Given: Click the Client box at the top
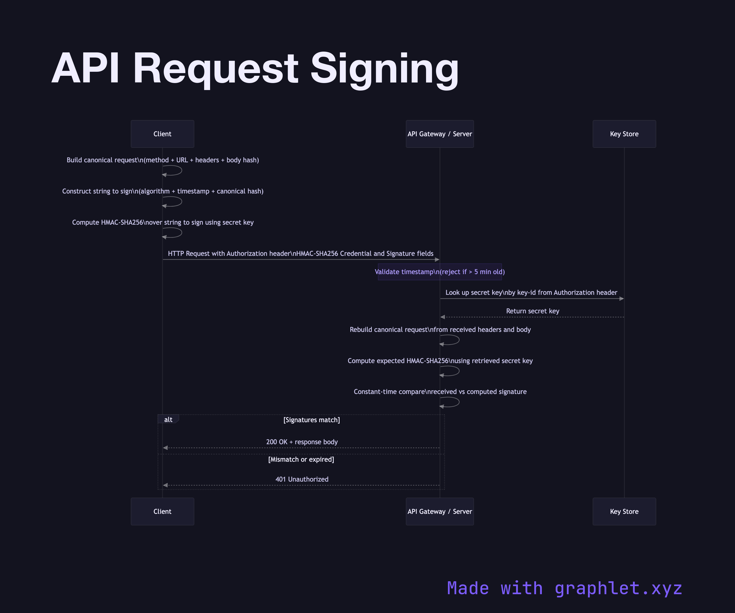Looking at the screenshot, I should [163, 134].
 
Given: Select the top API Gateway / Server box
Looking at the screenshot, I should [439, 134].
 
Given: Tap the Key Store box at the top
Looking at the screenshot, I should [624, 134].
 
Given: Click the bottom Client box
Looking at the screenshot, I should [163, 511].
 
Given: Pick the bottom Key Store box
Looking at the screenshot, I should [624, 511].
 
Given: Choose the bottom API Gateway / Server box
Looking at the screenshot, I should [439, 511].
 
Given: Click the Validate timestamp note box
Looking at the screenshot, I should [439, 272].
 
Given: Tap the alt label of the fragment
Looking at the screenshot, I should [168, 420].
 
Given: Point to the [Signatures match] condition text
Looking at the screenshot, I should [312, 420].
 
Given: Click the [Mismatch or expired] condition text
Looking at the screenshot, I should [301, 459].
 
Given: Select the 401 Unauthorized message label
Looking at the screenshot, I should [302, 479].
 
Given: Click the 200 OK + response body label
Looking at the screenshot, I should [302, 442].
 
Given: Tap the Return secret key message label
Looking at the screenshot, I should [532, 311].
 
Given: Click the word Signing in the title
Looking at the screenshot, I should [384, 68].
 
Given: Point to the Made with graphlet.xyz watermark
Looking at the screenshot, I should [564, 588].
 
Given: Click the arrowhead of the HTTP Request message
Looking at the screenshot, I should [437, 259].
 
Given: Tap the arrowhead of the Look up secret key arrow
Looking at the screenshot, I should [621, 299].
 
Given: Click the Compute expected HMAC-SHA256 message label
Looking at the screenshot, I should [440, 361].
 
